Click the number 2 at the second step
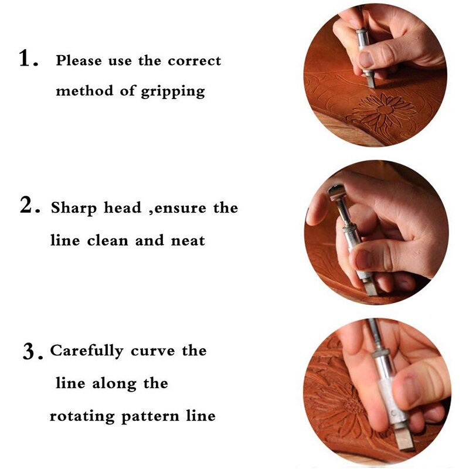coord(27,206)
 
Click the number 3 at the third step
coord(30,352)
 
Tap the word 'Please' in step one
coord(78,60)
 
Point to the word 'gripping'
coord(173,92)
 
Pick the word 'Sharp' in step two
coord(72,208)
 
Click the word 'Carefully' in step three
coord(87,352)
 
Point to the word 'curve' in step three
coord(153,352)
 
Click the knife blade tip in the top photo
coord(371,81)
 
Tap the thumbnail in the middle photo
coord(363,259)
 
